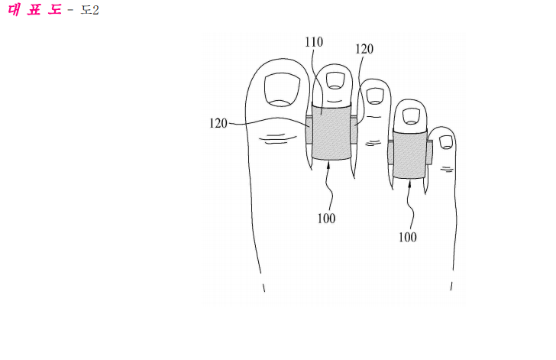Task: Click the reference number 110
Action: click(314, 42)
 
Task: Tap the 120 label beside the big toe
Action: click(218, 124)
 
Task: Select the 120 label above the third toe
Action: click(364, 49)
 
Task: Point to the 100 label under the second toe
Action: click(327, 219)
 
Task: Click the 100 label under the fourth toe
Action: click(408, 237)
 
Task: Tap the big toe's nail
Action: click(282, 89)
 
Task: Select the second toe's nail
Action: click(335, 80)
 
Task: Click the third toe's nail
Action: click(375, 96)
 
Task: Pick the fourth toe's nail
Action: click(412, 116)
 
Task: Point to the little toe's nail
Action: click(446, 142)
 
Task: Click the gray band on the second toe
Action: click(331, 131)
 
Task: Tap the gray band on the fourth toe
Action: click(409, 154)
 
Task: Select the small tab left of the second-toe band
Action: click(309, 130)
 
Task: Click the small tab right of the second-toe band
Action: click(354, 130)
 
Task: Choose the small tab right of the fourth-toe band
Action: click(429, 152)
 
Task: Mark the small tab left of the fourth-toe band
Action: click(391, 152)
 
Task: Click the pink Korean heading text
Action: click(34, 10)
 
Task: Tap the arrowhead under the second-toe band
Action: click(329, 164)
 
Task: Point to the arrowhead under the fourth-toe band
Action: click(409, 183)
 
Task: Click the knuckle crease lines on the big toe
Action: click(278, 138)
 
